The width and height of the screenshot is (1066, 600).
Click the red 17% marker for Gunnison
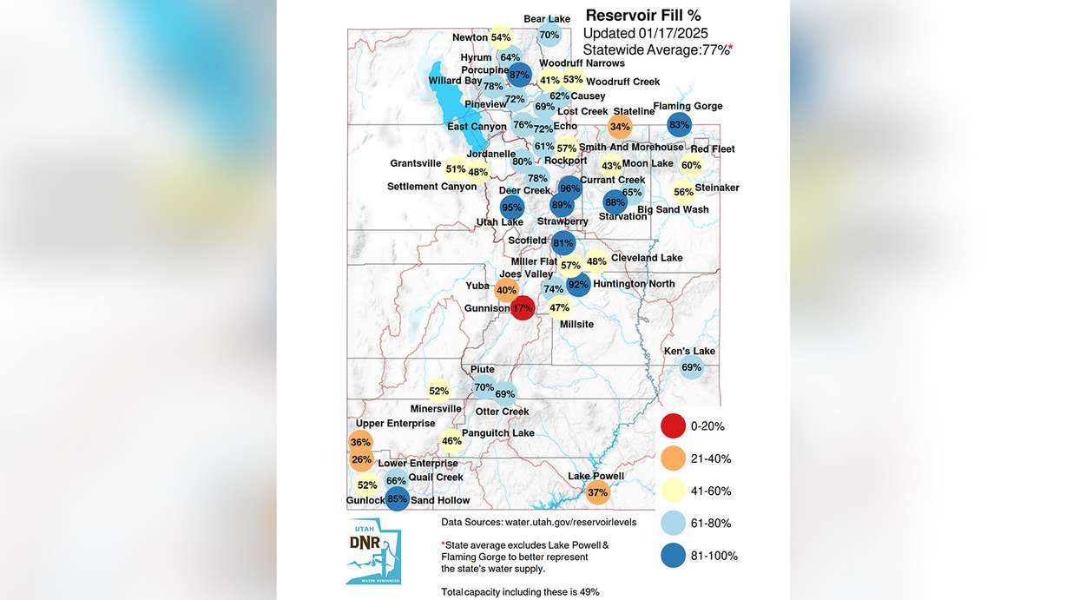pos(522,307)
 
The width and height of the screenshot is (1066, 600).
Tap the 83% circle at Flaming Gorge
pos(679,125)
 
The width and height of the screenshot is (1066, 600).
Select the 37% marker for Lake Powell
pos(597,492)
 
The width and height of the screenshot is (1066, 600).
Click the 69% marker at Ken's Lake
pos(691,367)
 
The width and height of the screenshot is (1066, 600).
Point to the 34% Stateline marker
pos(620,127)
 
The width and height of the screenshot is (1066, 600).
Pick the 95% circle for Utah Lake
pos(512,208)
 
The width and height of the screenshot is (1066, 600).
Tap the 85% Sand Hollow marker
pos(397,498)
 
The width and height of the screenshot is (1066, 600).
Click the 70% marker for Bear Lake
pos(549,36)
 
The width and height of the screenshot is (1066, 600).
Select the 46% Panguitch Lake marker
pos(451,441)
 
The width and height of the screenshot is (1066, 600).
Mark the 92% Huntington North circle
pos(578,284)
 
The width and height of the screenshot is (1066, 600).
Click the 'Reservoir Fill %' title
pos(643,15)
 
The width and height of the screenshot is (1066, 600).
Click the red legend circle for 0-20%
pos(673,426)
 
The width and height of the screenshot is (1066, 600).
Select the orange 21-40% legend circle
pos(673,458)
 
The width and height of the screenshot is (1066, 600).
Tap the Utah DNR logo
pos(373,551)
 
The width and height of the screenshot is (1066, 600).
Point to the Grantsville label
pos(416,163)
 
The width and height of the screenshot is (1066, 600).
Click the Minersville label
pos(436,409)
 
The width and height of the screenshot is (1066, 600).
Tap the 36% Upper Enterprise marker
pos(360,442)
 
